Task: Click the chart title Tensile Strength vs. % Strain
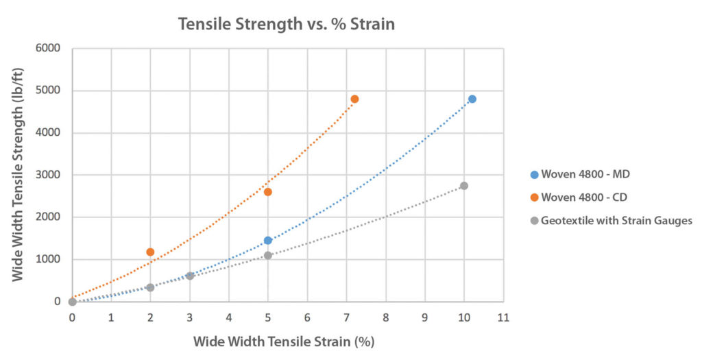(287, 24)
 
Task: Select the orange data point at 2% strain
(151, 252)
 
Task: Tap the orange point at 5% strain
(268, 192)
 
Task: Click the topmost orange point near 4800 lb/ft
(354, 99)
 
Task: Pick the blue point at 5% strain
(268, 241)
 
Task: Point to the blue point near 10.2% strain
(472, 99)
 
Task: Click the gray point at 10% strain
(464, 186)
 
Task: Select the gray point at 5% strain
(268, 255)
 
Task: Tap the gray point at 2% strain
(150, 288)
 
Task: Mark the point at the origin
(73, 302)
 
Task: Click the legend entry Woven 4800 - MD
(585, 174)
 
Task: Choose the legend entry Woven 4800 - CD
(585, 197)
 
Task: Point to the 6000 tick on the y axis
(48, 49)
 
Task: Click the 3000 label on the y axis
(48, 175)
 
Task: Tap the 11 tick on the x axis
(503, 317)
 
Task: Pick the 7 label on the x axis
(347, 317)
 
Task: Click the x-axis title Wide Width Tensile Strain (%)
(284, 341)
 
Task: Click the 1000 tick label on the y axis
(48, 259)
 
